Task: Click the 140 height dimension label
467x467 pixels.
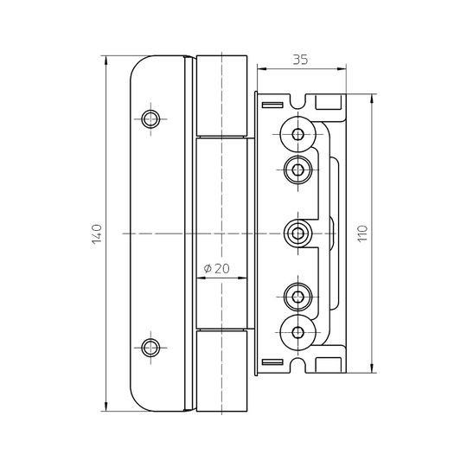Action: (97, 233)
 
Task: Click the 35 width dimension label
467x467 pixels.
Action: (300, 60)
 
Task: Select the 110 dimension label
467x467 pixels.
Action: (362, 233)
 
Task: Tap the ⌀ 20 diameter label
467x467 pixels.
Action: (217, 269)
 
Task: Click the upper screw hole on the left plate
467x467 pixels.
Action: (150, 119)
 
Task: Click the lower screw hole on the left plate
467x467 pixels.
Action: (150, 348)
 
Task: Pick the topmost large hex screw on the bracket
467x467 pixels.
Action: (297, 134)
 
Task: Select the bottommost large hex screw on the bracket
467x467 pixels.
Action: (297, 332)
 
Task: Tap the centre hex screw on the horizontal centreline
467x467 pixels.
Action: (297, 233)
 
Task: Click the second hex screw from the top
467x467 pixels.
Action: (297, 170)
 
